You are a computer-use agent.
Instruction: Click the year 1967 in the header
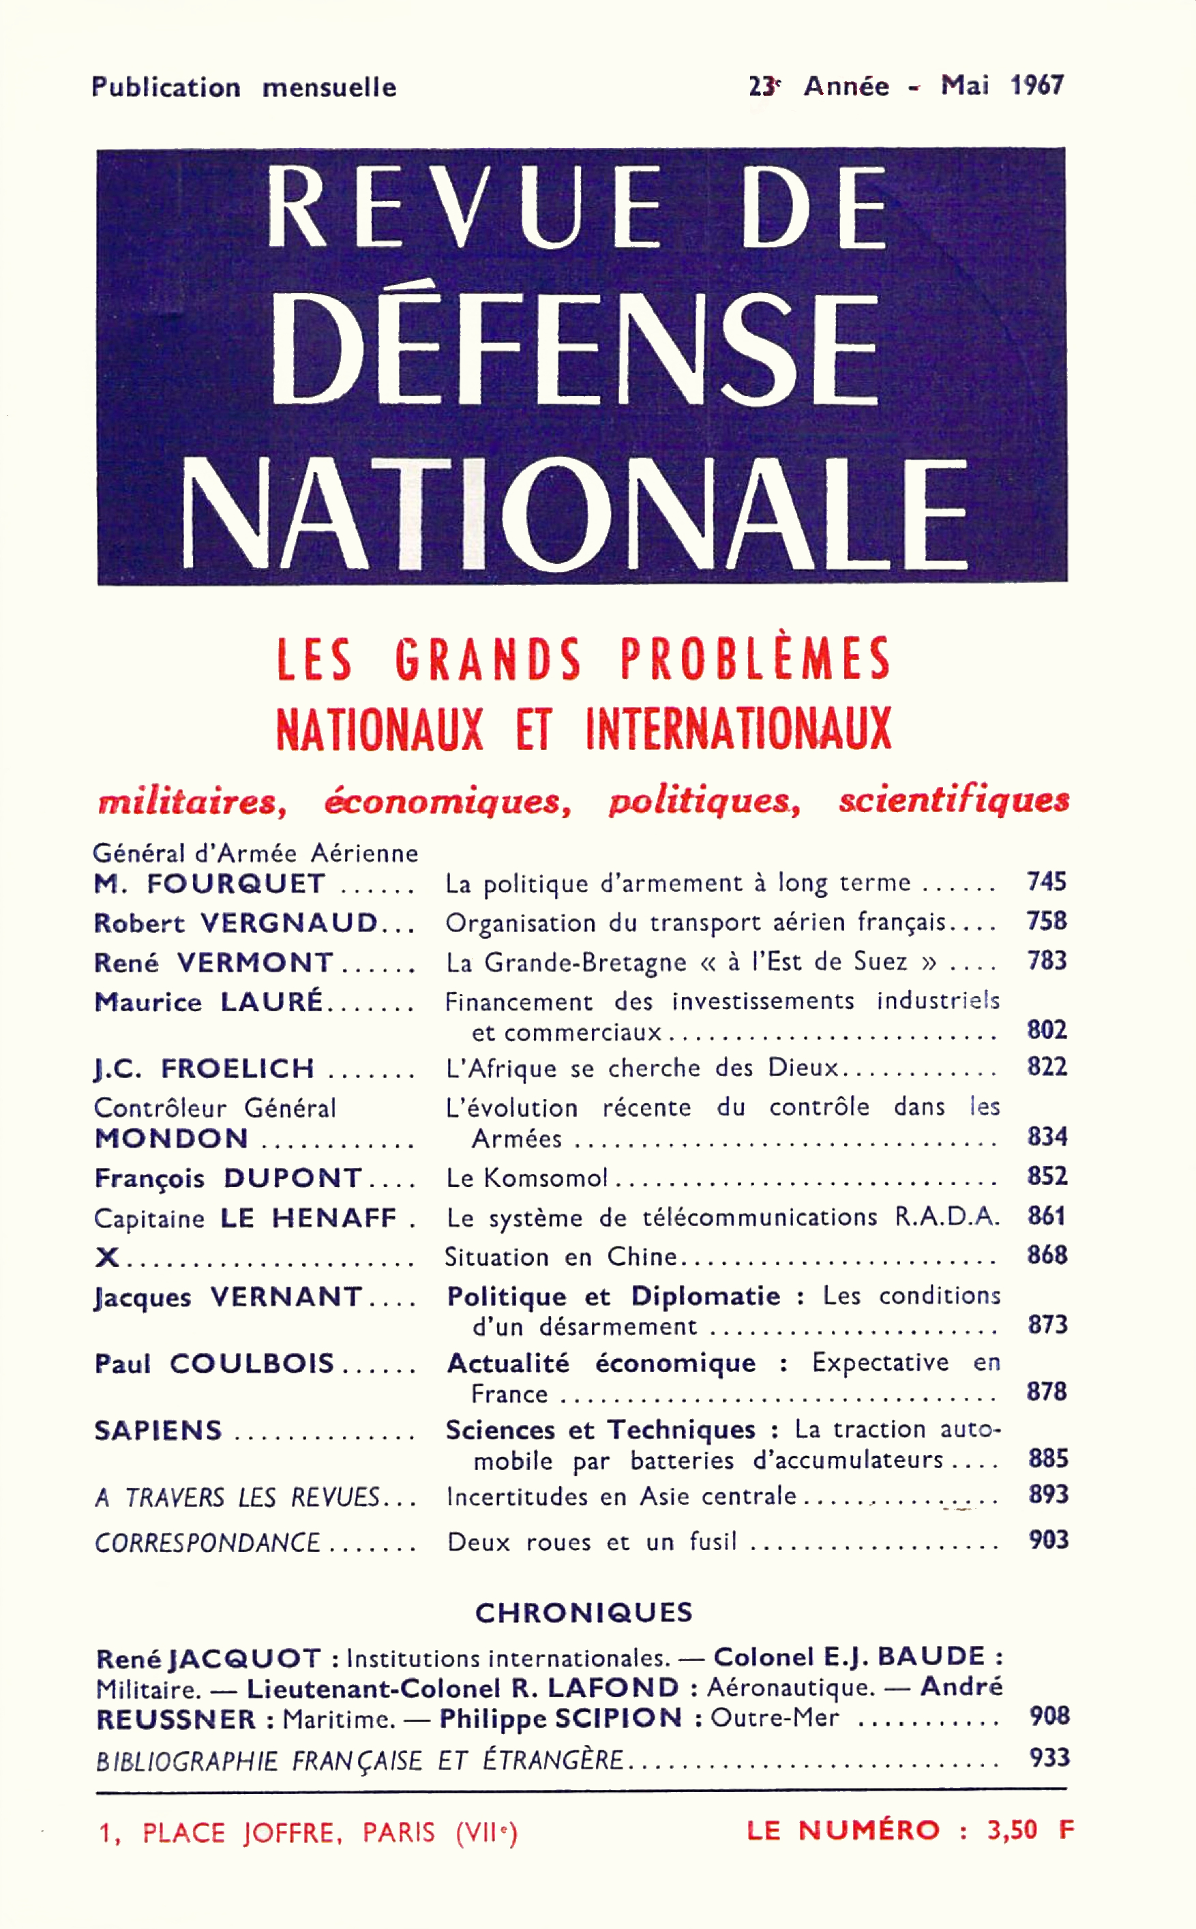pos(1037,85)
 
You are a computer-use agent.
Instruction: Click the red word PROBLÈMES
pos(755,659)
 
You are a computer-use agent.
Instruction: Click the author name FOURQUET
pos(236,884)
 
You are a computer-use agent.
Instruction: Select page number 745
pos(1047,882)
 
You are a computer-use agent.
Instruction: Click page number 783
pos(1047,961)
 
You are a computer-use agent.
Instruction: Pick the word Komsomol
pos(545,1178)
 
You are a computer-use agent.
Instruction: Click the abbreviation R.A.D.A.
pos(947,1216)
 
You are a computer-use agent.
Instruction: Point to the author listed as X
pos(107,1257)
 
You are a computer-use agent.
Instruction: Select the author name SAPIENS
pos(158,1431)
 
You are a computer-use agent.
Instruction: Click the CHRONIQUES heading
pos(584,1613)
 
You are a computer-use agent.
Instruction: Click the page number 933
pos(1049,1757)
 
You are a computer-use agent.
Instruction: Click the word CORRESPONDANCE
pos(207,1543)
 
